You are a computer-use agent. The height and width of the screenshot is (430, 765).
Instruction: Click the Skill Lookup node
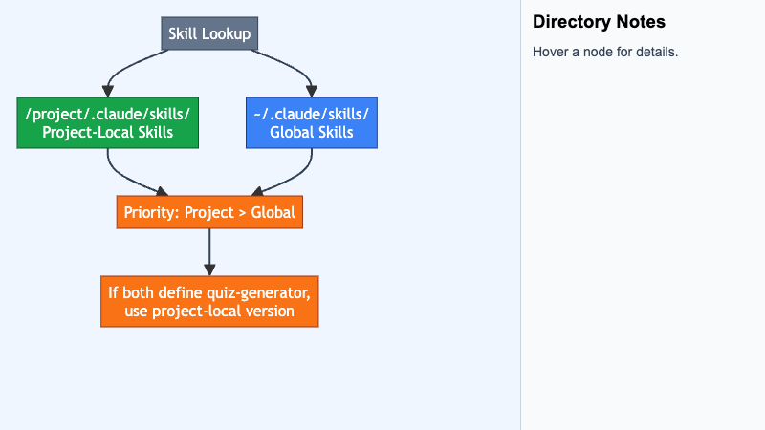[209, 33]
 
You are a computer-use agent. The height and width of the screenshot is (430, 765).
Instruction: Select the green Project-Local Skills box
[108, 123]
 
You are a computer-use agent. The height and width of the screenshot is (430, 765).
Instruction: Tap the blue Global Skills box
[312, 123]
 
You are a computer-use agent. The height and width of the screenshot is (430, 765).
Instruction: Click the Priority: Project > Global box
[209, 212]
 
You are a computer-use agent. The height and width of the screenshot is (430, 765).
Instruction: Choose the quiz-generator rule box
[209, 301]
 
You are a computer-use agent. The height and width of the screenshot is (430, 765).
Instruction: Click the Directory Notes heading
[599, 22]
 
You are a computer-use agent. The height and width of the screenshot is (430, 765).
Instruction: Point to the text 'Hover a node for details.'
[605, 52]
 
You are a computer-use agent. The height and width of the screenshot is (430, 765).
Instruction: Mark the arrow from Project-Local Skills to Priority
[121, 177]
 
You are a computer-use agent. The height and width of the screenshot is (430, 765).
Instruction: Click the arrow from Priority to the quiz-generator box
[209, 252]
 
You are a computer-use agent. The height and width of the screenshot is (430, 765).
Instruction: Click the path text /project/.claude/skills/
[108, 114]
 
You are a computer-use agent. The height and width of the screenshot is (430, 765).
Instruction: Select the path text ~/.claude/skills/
[312, 114]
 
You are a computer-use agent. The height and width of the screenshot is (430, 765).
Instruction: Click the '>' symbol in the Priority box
[242, 213]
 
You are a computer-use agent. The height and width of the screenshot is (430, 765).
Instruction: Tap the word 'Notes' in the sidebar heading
[641, 22]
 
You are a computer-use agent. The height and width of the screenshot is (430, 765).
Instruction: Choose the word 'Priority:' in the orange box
[152, 212]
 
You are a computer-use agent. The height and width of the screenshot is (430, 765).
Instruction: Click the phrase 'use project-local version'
[209, 312]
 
